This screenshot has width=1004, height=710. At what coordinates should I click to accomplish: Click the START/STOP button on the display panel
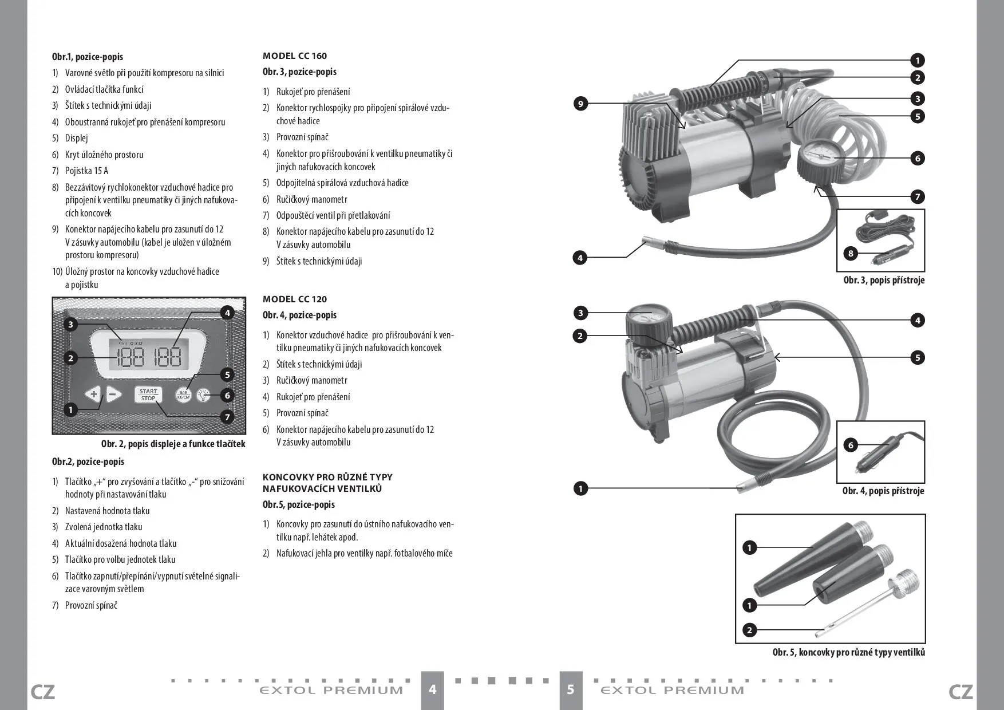click(148, 395)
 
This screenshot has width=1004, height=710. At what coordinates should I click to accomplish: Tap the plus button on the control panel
click(93, 394)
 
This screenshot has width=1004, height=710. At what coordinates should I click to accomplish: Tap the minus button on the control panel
click(113, 394)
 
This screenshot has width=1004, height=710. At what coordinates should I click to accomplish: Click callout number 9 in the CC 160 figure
click(580, 104)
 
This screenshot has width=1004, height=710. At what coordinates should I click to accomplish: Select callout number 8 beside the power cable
click(851, 253)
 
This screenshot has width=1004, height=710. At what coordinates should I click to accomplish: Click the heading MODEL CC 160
click(295, 56)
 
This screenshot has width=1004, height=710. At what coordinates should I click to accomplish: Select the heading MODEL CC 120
click(295, 299)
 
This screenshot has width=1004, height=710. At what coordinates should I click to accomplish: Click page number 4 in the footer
click(433, 689)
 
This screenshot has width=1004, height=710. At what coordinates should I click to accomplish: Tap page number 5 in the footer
click(570, 689)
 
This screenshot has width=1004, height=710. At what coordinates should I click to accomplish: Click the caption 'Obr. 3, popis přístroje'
click(884, 280)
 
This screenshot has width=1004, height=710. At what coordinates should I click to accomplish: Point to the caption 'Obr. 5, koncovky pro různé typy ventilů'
click(848, 652)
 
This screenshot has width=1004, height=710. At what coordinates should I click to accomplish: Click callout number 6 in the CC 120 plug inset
click(851, 445)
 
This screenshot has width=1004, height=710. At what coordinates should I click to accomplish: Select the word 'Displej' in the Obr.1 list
click(77, 138)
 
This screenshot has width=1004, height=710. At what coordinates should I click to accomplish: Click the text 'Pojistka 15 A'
click(86, 171)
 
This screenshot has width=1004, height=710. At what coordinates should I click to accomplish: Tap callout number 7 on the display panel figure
click(227, 417)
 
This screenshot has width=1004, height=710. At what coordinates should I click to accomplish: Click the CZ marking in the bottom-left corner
click(42, 692)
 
